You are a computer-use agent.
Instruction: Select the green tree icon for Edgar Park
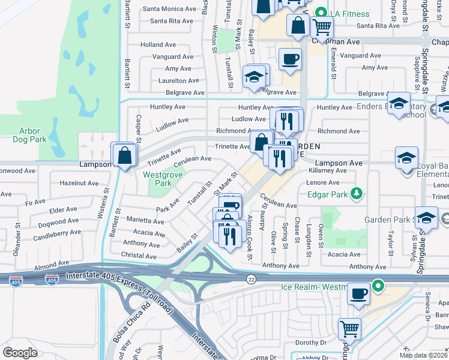point(357,193)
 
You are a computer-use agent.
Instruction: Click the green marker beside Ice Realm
point(378,286)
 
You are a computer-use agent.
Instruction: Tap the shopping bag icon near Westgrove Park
point(124,155)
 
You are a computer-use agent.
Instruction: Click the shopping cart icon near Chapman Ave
point(322,26)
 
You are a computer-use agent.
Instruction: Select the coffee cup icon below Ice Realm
point(359,294)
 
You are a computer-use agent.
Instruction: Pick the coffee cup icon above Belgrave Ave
point(291,59)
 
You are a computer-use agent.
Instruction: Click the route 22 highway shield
point(251,279)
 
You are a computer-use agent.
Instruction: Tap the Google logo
point(20,352)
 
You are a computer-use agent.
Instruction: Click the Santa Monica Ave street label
point(169,9)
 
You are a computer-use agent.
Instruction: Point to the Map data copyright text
point(423,355)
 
